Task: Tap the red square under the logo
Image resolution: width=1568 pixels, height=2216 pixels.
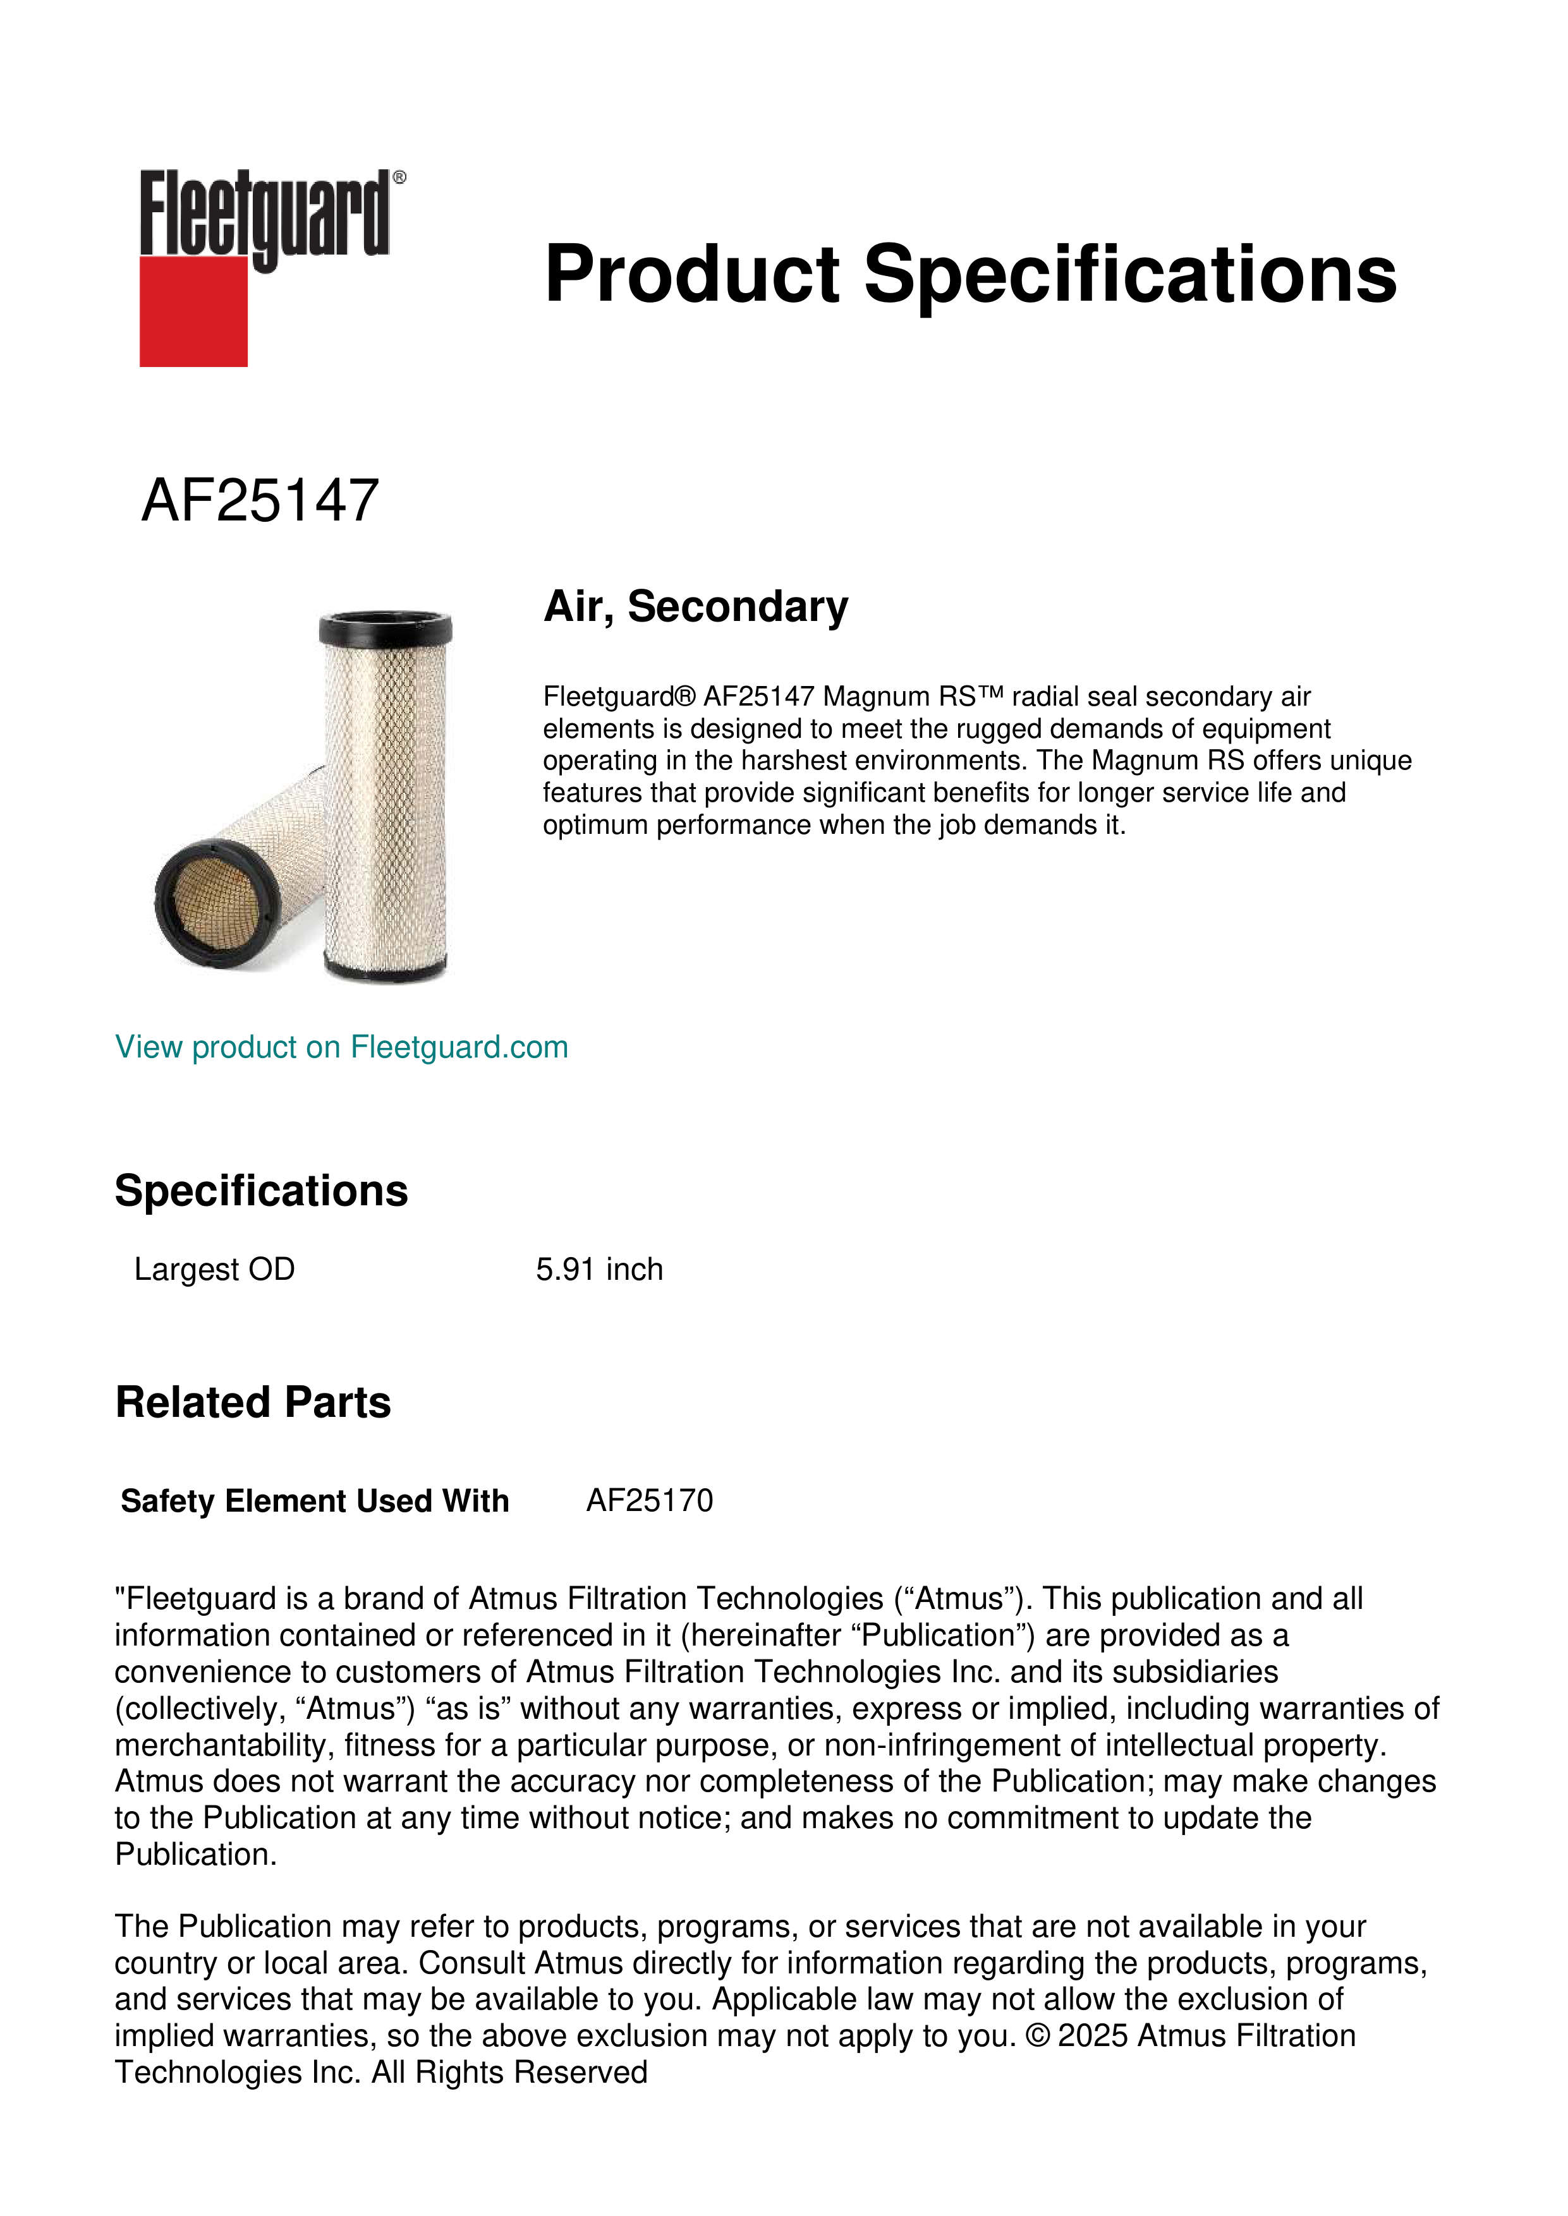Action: pyautogui.click(x=193, y=311)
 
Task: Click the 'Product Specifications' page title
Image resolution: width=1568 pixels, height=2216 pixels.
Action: pyautogui.click(x=969, y=274)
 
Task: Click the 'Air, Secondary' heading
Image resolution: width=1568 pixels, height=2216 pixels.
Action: pyautogui.click(x=695, y=606)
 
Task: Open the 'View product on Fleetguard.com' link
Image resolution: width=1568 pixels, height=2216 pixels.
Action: pyautogui.click(x=341, y=1047)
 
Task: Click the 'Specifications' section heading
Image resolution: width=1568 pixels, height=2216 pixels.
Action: pyautogui.click(x=260, y=1191)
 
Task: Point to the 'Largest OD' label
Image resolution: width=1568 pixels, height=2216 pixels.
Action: pyautogui.click(x=214, y=1269)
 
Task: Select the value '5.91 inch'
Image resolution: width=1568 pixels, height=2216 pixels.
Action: pyautogui.click(x=599, y=1269)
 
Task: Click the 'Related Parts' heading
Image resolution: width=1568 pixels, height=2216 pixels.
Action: pyautogui.click(x=253, y=1402)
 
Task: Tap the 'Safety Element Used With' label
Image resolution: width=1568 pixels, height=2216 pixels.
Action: pyautogui.click(x=315, y=1501)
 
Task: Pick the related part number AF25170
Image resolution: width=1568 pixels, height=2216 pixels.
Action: pyautogui.click(x=649, y=1501)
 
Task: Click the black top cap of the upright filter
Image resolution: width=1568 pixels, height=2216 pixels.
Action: pyautogui.click(x=386, y=629)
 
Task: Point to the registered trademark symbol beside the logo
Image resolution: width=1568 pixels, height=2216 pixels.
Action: pyautogui.click(x=399, y=178)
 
